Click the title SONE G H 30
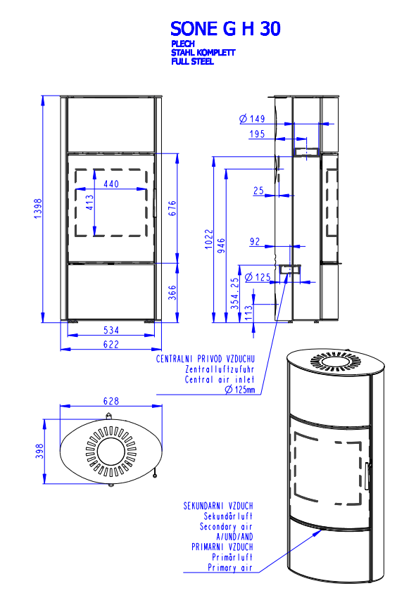[x=225, y=29]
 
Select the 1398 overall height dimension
[x=38, y=208]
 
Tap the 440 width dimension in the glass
[x=111, y=184]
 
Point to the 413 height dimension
[x=89, y=203]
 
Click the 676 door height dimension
[x=172, y=208]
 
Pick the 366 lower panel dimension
[x=172, y=293]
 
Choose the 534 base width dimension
[x=111, y=330]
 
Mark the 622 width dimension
[x=111, y=345]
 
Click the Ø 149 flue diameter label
[x=252, y=119]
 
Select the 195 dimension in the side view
[x=257, y=134]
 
